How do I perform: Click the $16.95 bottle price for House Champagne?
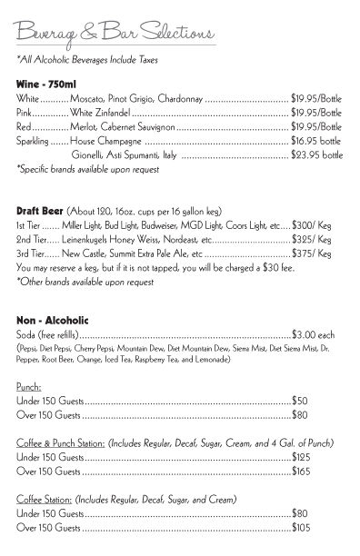point(315,142)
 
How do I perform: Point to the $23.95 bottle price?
point(316,155)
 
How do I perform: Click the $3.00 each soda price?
point(313,334)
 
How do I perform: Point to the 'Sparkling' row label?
point(34,142)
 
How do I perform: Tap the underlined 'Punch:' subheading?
point(29,385)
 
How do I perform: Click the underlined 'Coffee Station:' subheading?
point(45,500)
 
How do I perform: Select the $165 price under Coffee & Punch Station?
point(301,472)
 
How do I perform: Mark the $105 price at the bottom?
point(301,528)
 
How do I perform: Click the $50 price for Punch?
point(299,400)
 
